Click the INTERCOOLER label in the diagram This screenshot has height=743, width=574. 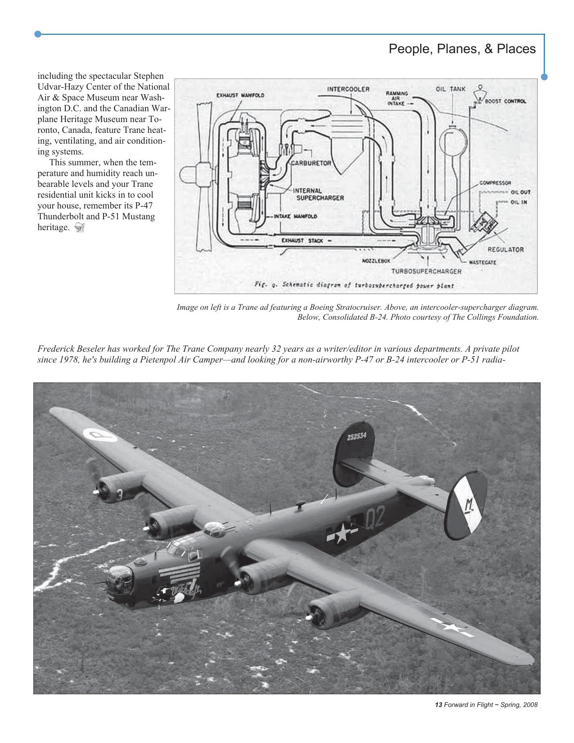(348, 89)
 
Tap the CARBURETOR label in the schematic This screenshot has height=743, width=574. (311, 163)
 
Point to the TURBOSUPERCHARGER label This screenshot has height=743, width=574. (426, 271)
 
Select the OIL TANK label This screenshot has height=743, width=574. (451, 89)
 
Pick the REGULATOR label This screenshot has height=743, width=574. (506, 249)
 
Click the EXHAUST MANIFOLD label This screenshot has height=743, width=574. (240, 95)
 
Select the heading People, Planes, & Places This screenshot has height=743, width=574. (462, 49)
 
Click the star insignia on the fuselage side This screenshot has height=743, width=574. (341, 534)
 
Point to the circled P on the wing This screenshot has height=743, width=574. (99, 435)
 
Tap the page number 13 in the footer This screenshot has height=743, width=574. (438, 705)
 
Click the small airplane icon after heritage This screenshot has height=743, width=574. (79, 227)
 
